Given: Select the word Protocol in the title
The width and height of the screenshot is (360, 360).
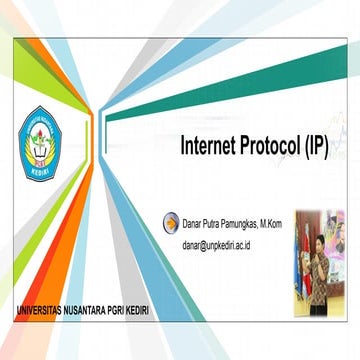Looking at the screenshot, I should pos(272,144).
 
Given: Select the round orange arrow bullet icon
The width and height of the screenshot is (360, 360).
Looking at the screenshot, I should pos(172,223).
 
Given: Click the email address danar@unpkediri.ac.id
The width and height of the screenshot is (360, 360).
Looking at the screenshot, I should pos(229,244).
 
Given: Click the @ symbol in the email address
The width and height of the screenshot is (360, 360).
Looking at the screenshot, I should pos(207,244).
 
